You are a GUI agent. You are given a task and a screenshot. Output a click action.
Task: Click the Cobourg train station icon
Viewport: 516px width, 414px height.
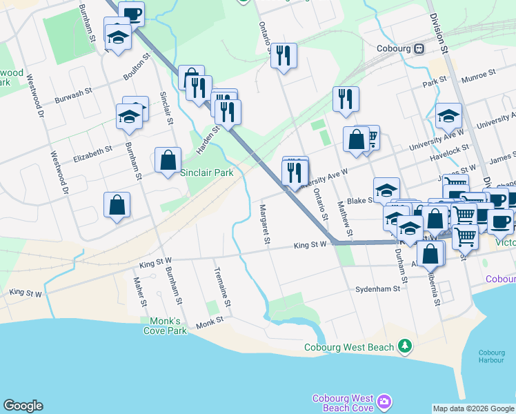(x=419, y=48)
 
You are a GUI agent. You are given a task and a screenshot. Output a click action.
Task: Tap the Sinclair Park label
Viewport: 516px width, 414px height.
(x=206, y=172)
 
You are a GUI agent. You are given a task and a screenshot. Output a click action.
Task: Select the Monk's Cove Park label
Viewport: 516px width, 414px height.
(x=165, y=326)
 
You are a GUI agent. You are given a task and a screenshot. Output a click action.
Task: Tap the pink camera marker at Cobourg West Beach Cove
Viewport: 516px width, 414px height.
(x=384, y=401)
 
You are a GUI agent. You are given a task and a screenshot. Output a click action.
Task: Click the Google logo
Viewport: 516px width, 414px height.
(x=23, y=406)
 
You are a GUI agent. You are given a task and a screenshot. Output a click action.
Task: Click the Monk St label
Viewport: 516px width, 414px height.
(x=210, y=322)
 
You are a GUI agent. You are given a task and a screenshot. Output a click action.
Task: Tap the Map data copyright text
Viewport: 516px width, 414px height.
(x=473, y=408)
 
